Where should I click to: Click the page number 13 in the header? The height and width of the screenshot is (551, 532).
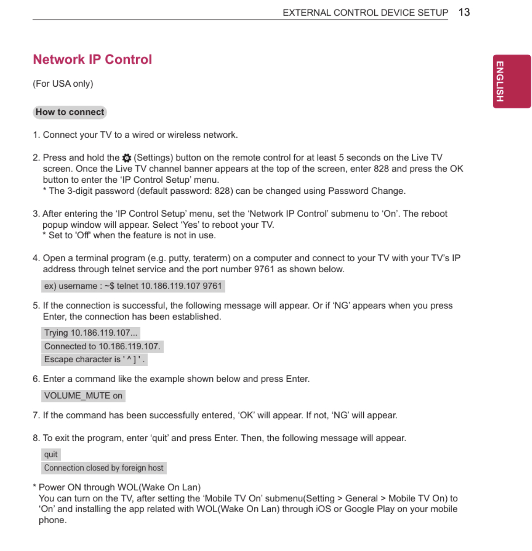click(x=464, y=12)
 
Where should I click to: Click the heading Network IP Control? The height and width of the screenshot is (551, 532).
click(x=93, y=60)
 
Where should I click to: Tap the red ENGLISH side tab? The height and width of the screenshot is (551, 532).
click(x=511, y=81)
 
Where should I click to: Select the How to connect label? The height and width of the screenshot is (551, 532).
click(x=70, y=112)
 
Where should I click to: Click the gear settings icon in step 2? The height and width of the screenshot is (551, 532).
click(x=127, y=158)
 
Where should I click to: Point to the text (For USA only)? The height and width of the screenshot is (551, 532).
click(x=63, y=84)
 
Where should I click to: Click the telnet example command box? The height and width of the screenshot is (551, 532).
click(x=133, y=286)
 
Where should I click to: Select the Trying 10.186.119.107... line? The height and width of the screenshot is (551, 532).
click(x=91, y=333)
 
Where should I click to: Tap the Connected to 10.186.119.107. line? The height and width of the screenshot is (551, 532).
click(x=102, y=346)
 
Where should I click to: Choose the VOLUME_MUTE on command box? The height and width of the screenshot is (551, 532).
click(x=83, y=396)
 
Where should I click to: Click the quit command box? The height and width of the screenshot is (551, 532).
click(x=51, y=455)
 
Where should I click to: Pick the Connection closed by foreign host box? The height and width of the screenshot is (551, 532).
click(x=104, y=468)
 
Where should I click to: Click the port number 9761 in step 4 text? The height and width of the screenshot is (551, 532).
click(x=264, y=269)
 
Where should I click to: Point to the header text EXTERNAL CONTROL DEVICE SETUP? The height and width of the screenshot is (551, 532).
click(x=365, y=13)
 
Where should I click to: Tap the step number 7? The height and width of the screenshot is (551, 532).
click(x=36, y=416)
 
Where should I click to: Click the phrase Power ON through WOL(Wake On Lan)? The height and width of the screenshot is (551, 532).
click(x=120, y=487)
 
